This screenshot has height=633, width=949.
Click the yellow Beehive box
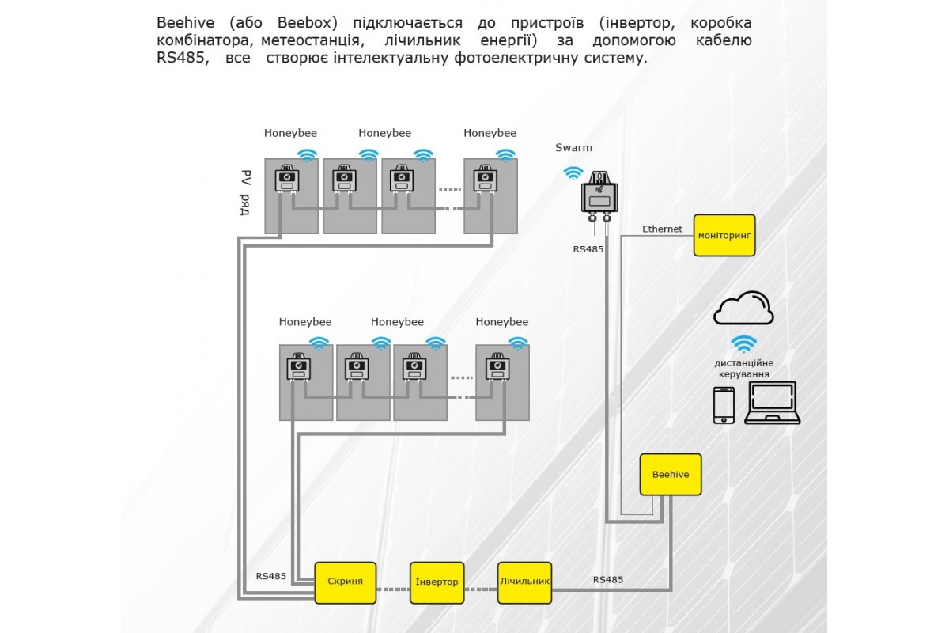click(x=670, y=475)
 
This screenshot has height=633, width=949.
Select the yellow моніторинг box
click(x=724, y=235)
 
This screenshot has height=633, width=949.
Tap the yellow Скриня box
click(x=345, y=582)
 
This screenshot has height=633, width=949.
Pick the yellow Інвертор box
click(x=437, y=582)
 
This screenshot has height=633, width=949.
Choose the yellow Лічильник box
click(x=524, y=582)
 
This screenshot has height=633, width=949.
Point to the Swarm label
click(x=573, y=148)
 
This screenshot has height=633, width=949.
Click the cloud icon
click(x=743, y=309)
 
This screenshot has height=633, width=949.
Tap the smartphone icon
click(x=724, y=405)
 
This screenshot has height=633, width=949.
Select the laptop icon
click(x=772, y=404)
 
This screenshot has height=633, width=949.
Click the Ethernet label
click(x=662, y=229)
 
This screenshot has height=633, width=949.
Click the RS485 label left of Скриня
click(x=271, y=576)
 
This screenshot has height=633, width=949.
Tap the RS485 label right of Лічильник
click(x=608, y=580)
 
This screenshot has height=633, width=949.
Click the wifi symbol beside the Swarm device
click(x=572, y=173)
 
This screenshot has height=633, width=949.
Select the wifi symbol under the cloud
click(x=743, y=344)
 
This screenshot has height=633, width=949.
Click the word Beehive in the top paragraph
click(x=184, y=22)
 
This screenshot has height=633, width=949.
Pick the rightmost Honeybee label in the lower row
click(x=501, y=322)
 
